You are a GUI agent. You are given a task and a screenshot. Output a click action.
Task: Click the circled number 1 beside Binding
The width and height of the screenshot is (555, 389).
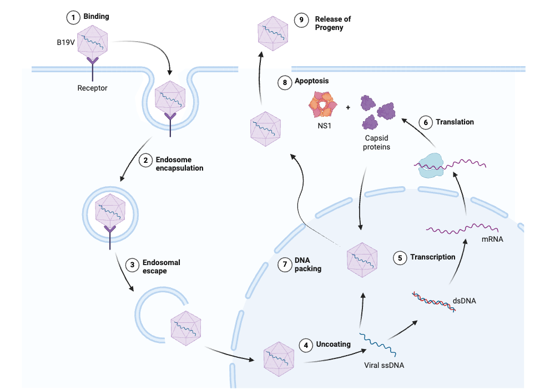[73, 17]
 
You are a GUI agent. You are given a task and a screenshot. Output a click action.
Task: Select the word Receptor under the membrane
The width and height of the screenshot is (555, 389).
[92, 88]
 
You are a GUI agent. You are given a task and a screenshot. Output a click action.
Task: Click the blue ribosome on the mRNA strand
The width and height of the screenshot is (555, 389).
[432, 165]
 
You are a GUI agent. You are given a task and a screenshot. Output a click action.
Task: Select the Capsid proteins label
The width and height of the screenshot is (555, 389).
[378, 143]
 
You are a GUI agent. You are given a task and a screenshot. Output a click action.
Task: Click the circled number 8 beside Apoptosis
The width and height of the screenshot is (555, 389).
[284, 82]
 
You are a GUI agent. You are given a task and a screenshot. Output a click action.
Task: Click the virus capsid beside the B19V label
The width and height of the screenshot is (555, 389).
[92, 43]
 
